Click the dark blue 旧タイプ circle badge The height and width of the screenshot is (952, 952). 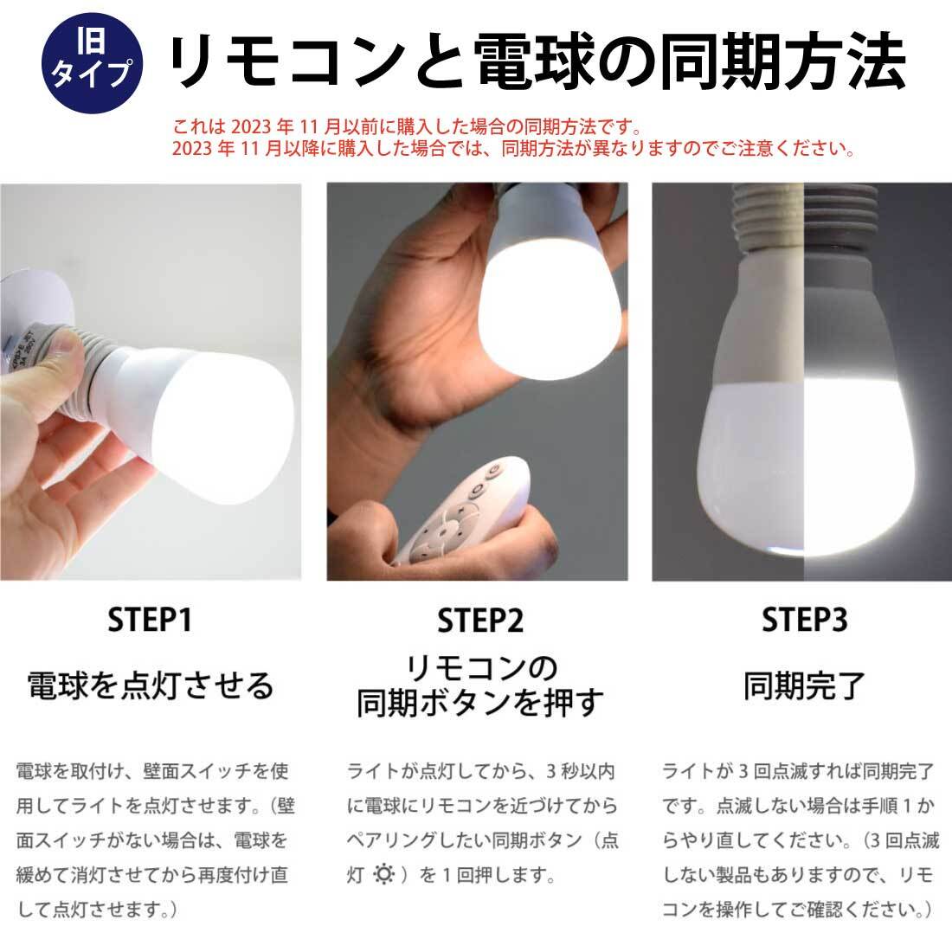(x=93, y=63)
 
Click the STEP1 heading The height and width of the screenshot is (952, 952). (x=150, y=620)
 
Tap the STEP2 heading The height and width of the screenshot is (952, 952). (x=479, y=621)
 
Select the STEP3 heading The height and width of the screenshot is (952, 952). (x=804, y=620)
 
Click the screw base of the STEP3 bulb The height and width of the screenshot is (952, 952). (x=805, y=215)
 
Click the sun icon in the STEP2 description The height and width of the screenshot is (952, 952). (x=383, y=874)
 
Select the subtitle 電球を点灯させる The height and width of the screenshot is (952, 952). (x=151, y=685)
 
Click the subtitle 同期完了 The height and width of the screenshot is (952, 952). (x=804, y=685)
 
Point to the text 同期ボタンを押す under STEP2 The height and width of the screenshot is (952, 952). (x=479, y=703)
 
